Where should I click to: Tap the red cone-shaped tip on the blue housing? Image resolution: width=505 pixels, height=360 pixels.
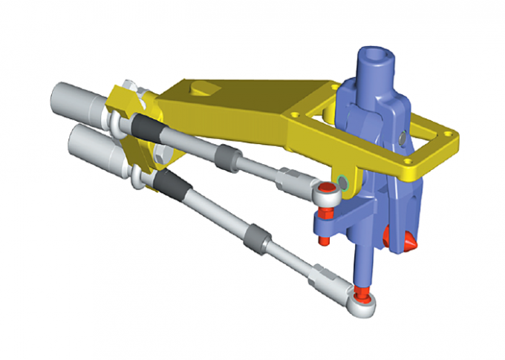(407, 241)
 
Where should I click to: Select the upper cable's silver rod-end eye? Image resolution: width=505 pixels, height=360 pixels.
(328, 194)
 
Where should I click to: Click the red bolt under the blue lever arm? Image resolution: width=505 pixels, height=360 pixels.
(324, 239)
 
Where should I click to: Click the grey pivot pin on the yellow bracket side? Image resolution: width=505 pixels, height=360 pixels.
(342, 181)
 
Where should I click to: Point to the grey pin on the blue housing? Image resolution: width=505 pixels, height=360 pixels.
(402, 137)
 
